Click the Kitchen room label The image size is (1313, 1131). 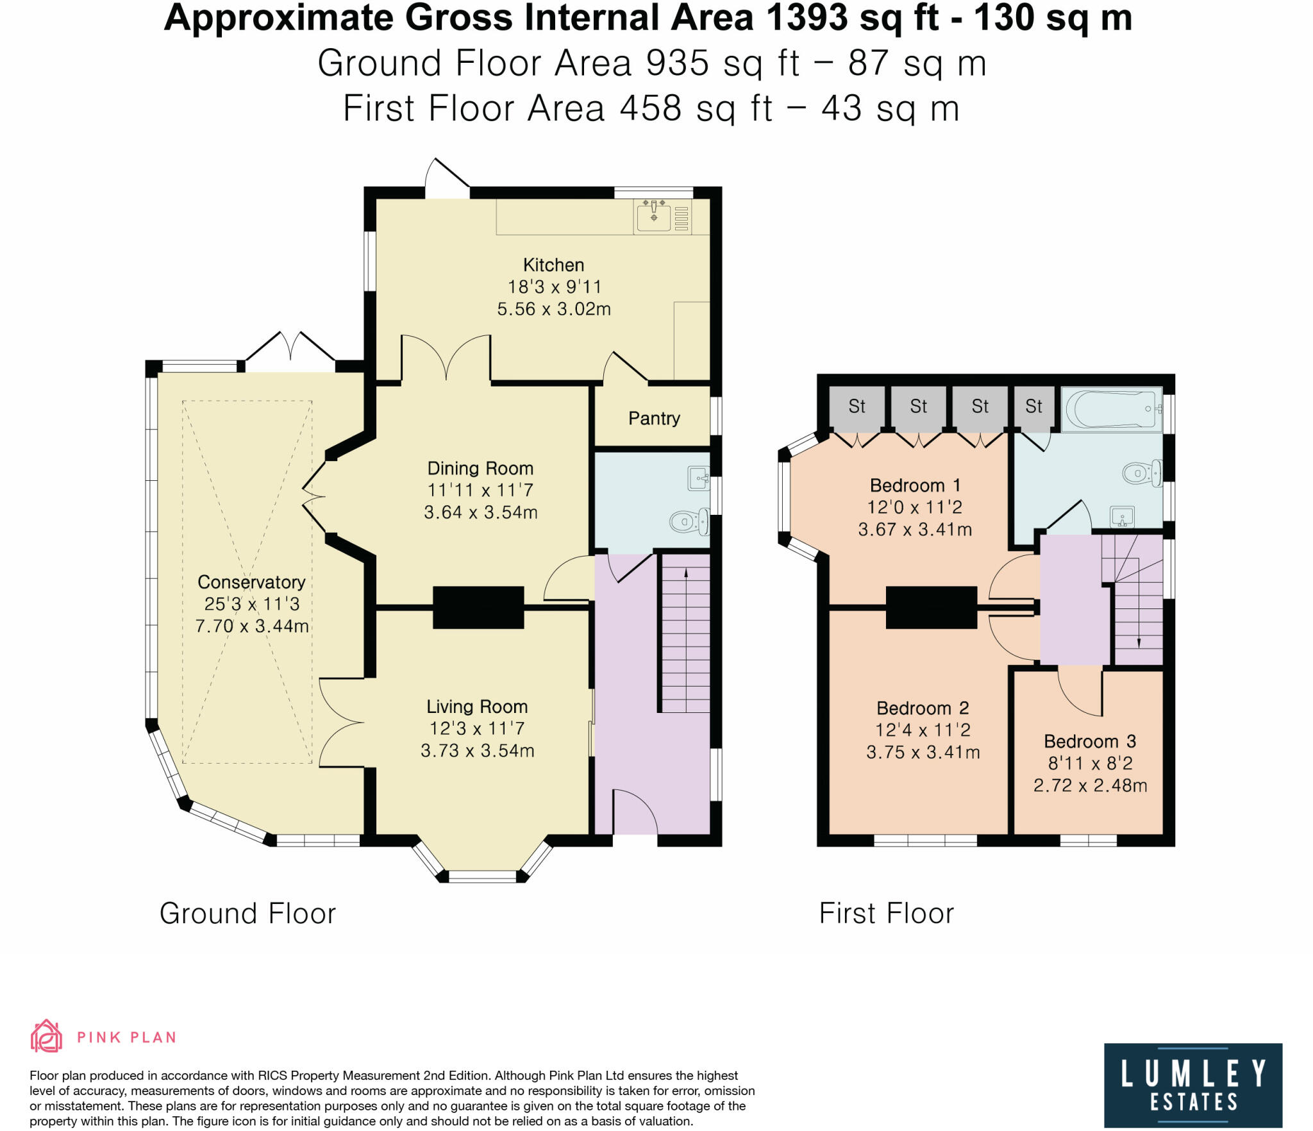click(553, 265)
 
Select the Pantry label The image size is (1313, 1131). click(654, 419)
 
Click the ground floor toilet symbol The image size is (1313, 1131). click(689, 521)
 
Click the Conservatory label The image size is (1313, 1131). click(251, 582)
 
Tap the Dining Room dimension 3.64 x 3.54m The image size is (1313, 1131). click(480, 512)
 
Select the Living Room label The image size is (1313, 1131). click(477, 707)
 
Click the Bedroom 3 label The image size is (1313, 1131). click(1090, 741)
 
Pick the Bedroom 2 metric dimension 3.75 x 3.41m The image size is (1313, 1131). click(923, 752)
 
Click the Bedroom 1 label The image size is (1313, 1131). click(907, 485)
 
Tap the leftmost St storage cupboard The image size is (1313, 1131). click(857, 407)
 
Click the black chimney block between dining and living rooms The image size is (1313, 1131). click(478, 607)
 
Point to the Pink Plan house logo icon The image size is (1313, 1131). click(46, 1036)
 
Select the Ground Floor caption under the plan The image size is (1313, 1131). click(247, 914)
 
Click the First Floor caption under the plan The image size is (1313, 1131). click(887, 914)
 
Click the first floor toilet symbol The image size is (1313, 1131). click(1142, 473)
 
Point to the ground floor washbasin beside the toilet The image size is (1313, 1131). click(698, 478)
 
